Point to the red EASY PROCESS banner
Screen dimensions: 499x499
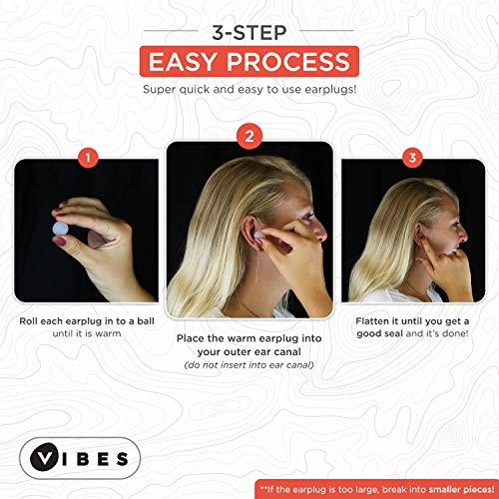click(x=249, y=62)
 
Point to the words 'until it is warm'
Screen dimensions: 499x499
click(x=87, y=334)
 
